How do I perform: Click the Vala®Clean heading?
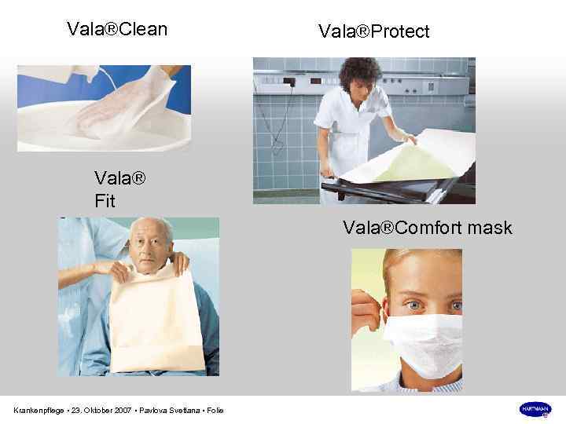pos(117,30)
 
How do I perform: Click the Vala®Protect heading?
pos(373,31)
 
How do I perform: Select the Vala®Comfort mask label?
pos(427,228)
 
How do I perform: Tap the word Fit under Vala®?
pos(105,202)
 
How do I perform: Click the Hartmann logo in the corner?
pos(535,409)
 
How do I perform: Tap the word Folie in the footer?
pos(215,410)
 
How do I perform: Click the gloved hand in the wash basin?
pos(118,110)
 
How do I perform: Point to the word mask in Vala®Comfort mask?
pos(488,228)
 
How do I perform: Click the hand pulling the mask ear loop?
pos(366,314)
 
